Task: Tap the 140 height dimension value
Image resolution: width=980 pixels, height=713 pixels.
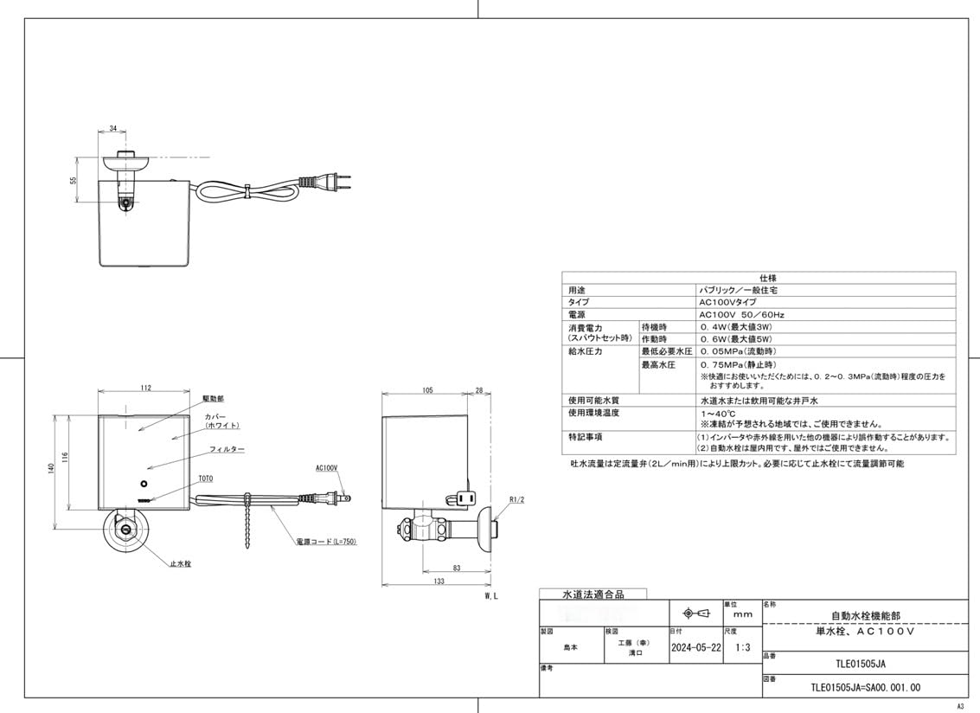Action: tap(51, 468)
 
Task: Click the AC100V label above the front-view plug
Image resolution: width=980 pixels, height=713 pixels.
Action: tap(326, 467)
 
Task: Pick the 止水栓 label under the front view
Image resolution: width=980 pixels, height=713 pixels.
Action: tap(182, 563)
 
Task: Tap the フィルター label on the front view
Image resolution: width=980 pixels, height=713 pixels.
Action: tap(227, 450)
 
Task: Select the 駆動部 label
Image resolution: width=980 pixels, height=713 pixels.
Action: tap(213, 399)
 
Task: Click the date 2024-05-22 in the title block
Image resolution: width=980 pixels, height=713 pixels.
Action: tap(695, 647)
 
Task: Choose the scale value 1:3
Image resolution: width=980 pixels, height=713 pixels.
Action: tap(741, 647)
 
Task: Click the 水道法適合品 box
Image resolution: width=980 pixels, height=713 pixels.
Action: tap(593, 594)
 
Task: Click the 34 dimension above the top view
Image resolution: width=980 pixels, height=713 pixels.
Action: tap(113, 129)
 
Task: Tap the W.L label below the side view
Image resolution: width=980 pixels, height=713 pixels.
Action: tap(490, 597)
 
